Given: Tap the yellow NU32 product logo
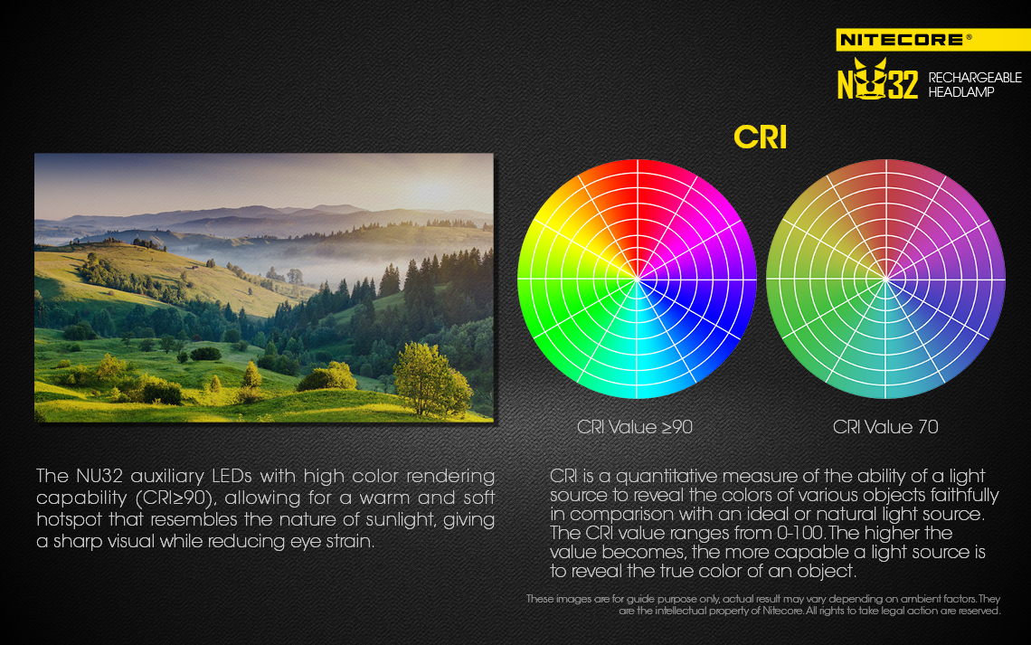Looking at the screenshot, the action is click(x=877, y=80).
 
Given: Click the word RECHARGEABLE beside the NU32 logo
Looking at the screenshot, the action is click(x=974, y=78).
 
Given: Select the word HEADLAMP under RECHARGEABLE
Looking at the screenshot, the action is click(x=960, y=92).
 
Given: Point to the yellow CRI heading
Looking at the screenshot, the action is click(x=760, y=138).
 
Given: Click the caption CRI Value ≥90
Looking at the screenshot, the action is click(x=635, y=427).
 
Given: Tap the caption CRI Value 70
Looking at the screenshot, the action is click(x=885, y=427).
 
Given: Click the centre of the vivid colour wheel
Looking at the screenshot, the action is click(x=637, y=279).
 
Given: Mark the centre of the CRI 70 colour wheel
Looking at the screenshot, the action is click(x=885, y=279).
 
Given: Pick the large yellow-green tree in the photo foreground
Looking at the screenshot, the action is click(x=430, y=378).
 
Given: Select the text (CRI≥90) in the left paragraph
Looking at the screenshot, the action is click(x=175, y=498).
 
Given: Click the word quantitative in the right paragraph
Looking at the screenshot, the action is click(x=674, y=476).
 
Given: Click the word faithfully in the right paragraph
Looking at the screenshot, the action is click(x=965, y=495).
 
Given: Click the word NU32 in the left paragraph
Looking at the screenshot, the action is click(x=100, y=476).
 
